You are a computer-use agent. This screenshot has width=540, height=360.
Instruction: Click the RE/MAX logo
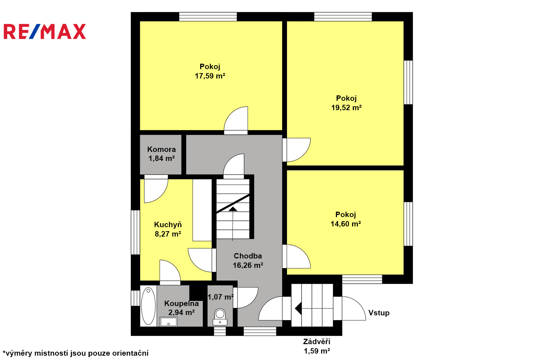click(x=45, y=31)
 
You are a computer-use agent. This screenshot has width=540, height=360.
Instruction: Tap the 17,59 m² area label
click(x=210, y=76)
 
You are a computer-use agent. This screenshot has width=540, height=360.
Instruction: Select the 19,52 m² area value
click(x=346, y=108)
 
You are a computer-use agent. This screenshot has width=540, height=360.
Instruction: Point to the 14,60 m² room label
click(x=346, y=224)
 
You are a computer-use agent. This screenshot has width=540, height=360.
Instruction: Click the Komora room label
click(x=162, y=149)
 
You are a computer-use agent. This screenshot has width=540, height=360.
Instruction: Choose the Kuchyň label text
click(x=168, y=225)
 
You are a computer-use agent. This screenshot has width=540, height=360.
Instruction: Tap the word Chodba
click(x=248, y=256)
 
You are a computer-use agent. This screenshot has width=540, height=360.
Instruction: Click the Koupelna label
click(x=181, y=303)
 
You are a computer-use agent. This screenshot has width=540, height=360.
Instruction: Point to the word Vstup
click(x=379, y=313)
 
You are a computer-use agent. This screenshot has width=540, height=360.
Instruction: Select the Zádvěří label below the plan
click(x=317, y=342)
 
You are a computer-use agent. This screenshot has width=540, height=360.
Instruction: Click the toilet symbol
click(x=220, y=317)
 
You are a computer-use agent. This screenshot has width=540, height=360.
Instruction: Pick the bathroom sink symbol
click(x=168, y=322)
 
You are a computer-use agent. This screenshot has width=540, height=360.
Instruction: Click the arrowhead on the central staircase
click(x=233, y=209)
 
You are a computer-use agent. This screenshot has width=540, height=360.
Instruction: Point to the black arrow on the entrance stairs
click(x=298, y=309)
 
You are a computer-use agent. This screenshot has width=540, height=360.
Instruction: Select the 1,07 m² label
click(x=221, y=297)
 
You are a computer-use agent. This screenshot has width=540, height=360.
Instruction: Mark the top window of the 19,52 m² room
click(x=343, y=17)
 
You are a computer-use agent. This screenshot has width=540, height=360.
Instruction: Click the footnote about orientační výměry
click(x=76, y=353)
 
